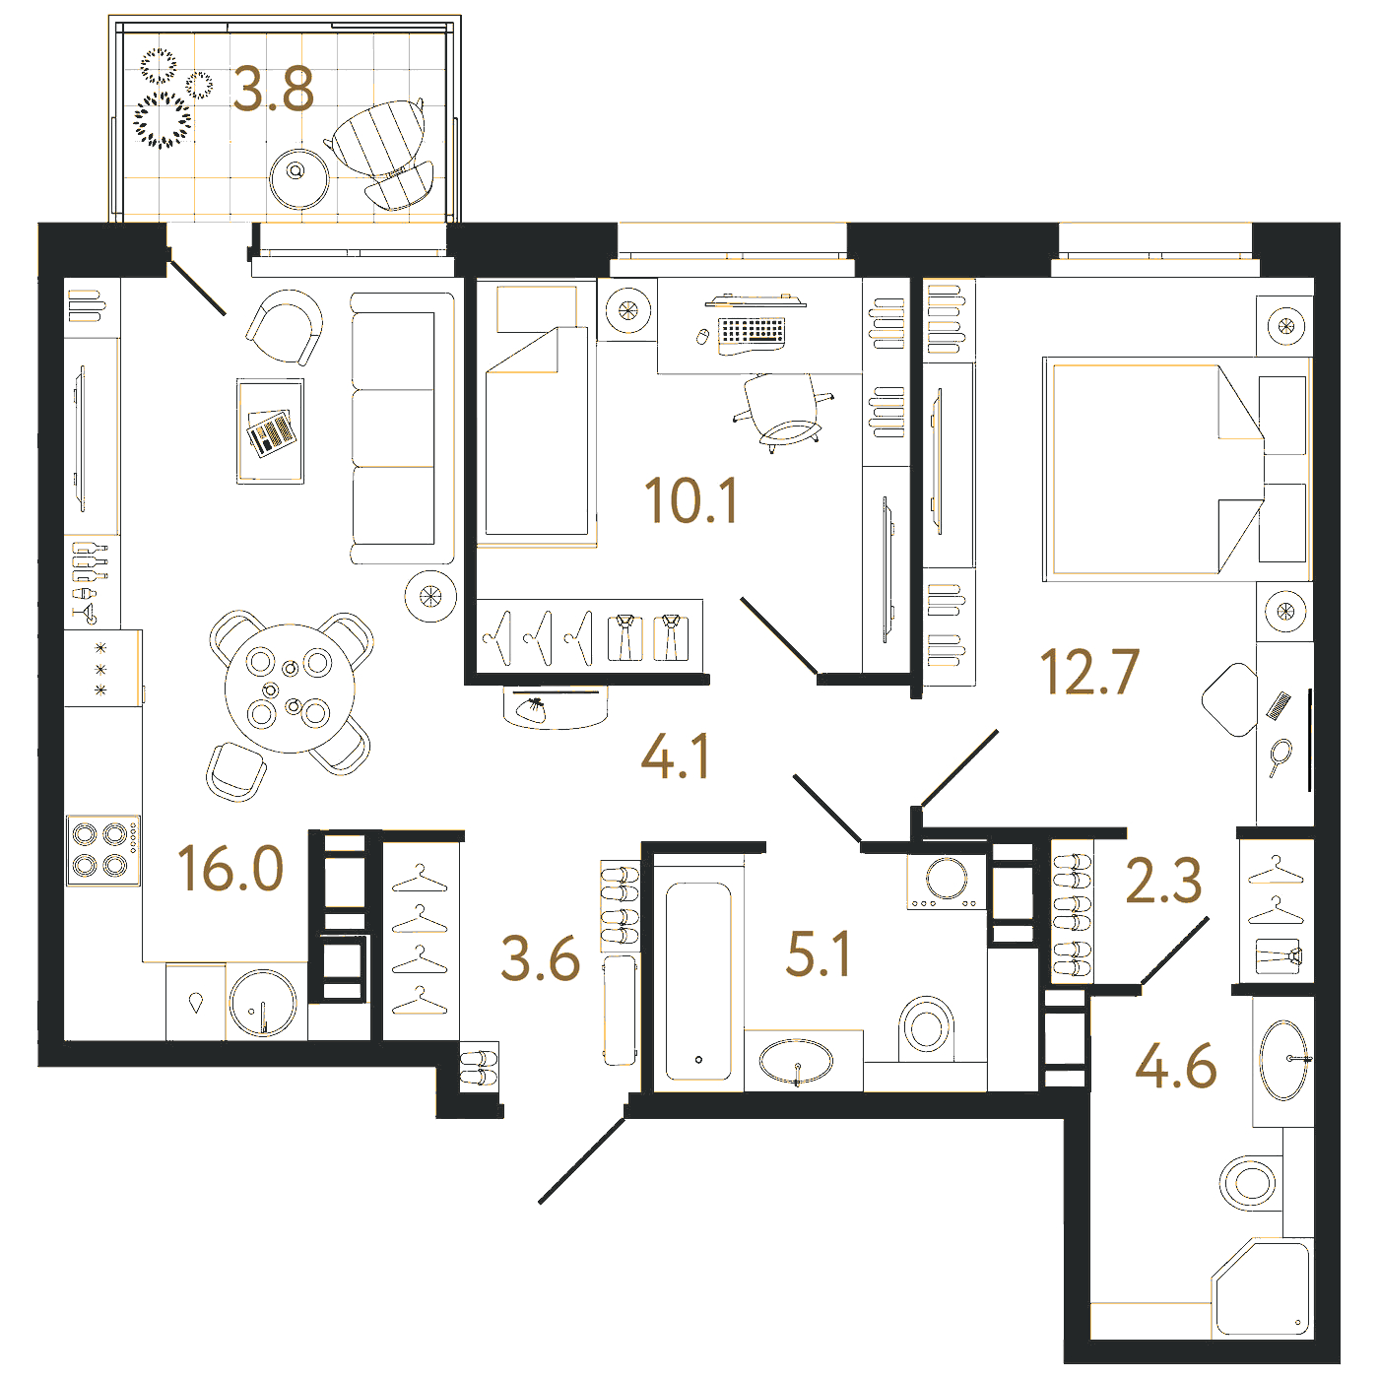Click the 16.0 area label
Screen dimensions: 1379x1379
click(230, 868)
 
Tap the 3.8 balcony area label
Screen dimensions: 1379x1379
click(274, 90)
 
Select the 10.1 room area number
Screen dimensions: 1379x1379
click(690, 501)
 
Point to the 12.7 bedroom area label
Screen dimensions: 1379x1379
click(1089, 672)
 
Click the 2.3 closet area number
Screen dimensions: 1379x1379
click(1163, 881)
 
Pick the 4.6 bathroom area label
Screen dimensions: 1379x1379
click(1176, 1067)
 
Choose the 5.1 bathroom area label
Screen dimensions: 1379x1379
click(818, 953)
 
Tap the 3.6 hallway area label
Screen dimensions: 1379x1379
click(541, 959)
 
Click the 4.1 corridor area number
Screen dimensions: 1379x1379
click(676, 755)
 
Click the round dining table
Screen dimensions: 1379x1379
click(290, 689)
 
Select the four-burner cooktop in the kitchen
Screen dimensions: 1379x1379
click(103, 851)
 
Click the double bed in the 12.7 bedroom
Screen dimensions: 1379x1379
click(1177, 470)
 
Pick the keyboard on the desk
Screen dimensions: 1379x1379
click(752, 331)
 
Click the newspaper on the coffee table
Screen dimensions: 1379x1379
click(271, 432)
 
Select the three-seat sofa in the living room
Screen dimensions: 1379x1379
click(403, 427)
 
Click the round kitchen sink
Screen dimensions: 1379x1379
click(263, 1003)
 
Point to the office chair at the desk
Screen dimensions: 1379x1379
click(783, 413)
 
